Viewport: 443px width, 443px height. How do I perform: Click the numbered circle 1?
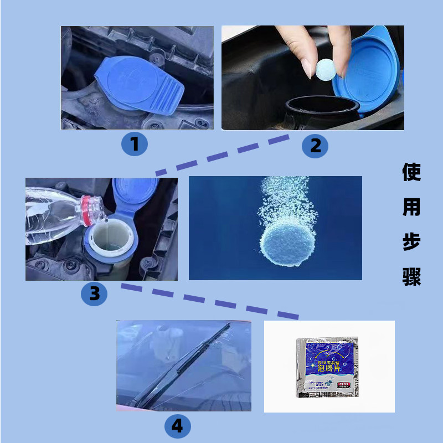point(135,145)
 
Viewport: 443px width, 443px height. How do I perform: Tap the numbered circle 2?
point(315,146)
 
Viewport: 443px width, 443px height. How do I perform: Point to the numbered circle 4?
point(177,426)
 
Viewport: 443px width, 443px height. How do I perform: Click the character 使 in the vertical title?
point(411,173)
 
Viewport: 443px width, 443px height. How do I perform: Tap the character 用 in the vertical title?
point(411,208)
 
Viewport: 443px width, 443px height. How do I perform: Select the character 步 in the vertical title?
point(411,243)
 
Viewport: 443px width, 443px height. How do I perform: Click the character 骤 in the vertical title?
point(411,277)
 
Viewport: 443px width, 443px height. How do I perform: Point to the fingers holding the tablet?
point(303,47)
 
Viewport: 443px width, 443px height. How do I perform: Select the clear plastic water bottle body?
point(50,216)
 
